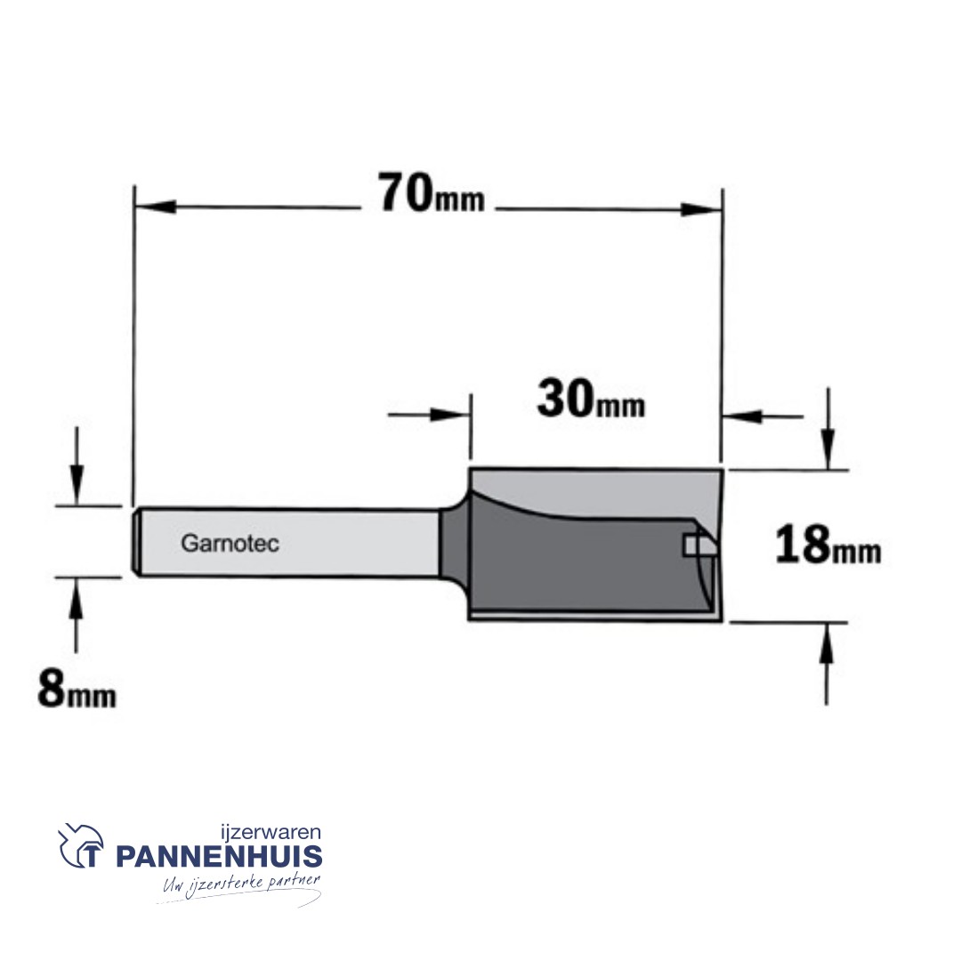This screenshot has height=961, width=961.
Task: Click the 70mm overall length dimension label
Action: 432,193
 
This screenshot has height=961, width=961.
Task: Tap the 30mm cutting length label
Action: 591,399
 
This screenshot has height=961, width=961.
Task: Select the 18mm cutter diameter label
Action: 828,545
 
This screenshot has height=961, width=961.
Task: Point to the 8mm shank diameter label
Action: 77,689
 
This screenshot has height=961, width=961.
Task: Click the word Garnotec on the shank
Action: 230,543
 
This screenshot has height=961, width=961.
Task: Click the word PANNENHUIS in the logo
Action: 219,856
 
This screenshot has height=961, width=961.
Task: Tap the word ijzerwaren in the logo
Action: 271,832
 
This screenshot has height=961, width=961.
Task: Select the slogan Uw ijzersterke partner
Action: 241,884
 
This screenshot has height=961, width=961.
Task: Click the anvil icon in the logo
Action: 80,845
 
